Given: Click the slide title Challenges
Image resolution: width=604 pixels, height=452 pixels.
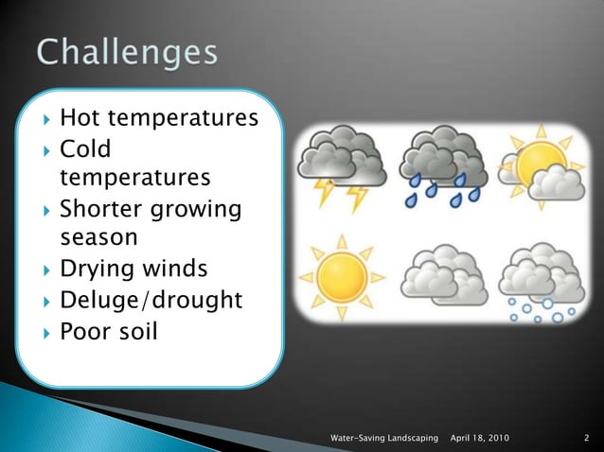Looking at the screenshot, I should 128,52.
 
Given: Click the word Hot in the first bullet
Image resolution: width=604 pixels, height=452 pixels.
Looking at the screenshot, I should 79,119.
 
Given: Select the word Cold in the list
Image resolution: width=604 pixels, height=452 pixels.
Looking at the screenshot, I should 85,148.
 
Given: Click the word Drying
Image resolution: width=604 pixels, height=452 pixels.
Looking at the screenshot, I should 96,269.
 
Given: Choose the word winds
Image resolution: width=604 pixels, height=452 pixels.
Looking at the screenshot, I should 173,269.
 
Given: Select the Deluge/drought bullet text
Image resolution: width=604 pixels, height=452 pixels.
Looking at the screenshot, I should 151,301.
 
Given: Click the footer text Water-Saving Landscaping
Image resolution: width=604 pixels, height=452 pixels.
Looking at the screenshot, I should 384,439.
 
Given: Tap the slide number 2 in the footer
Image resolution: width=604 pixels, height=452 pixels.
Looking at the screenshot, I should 587,439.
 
